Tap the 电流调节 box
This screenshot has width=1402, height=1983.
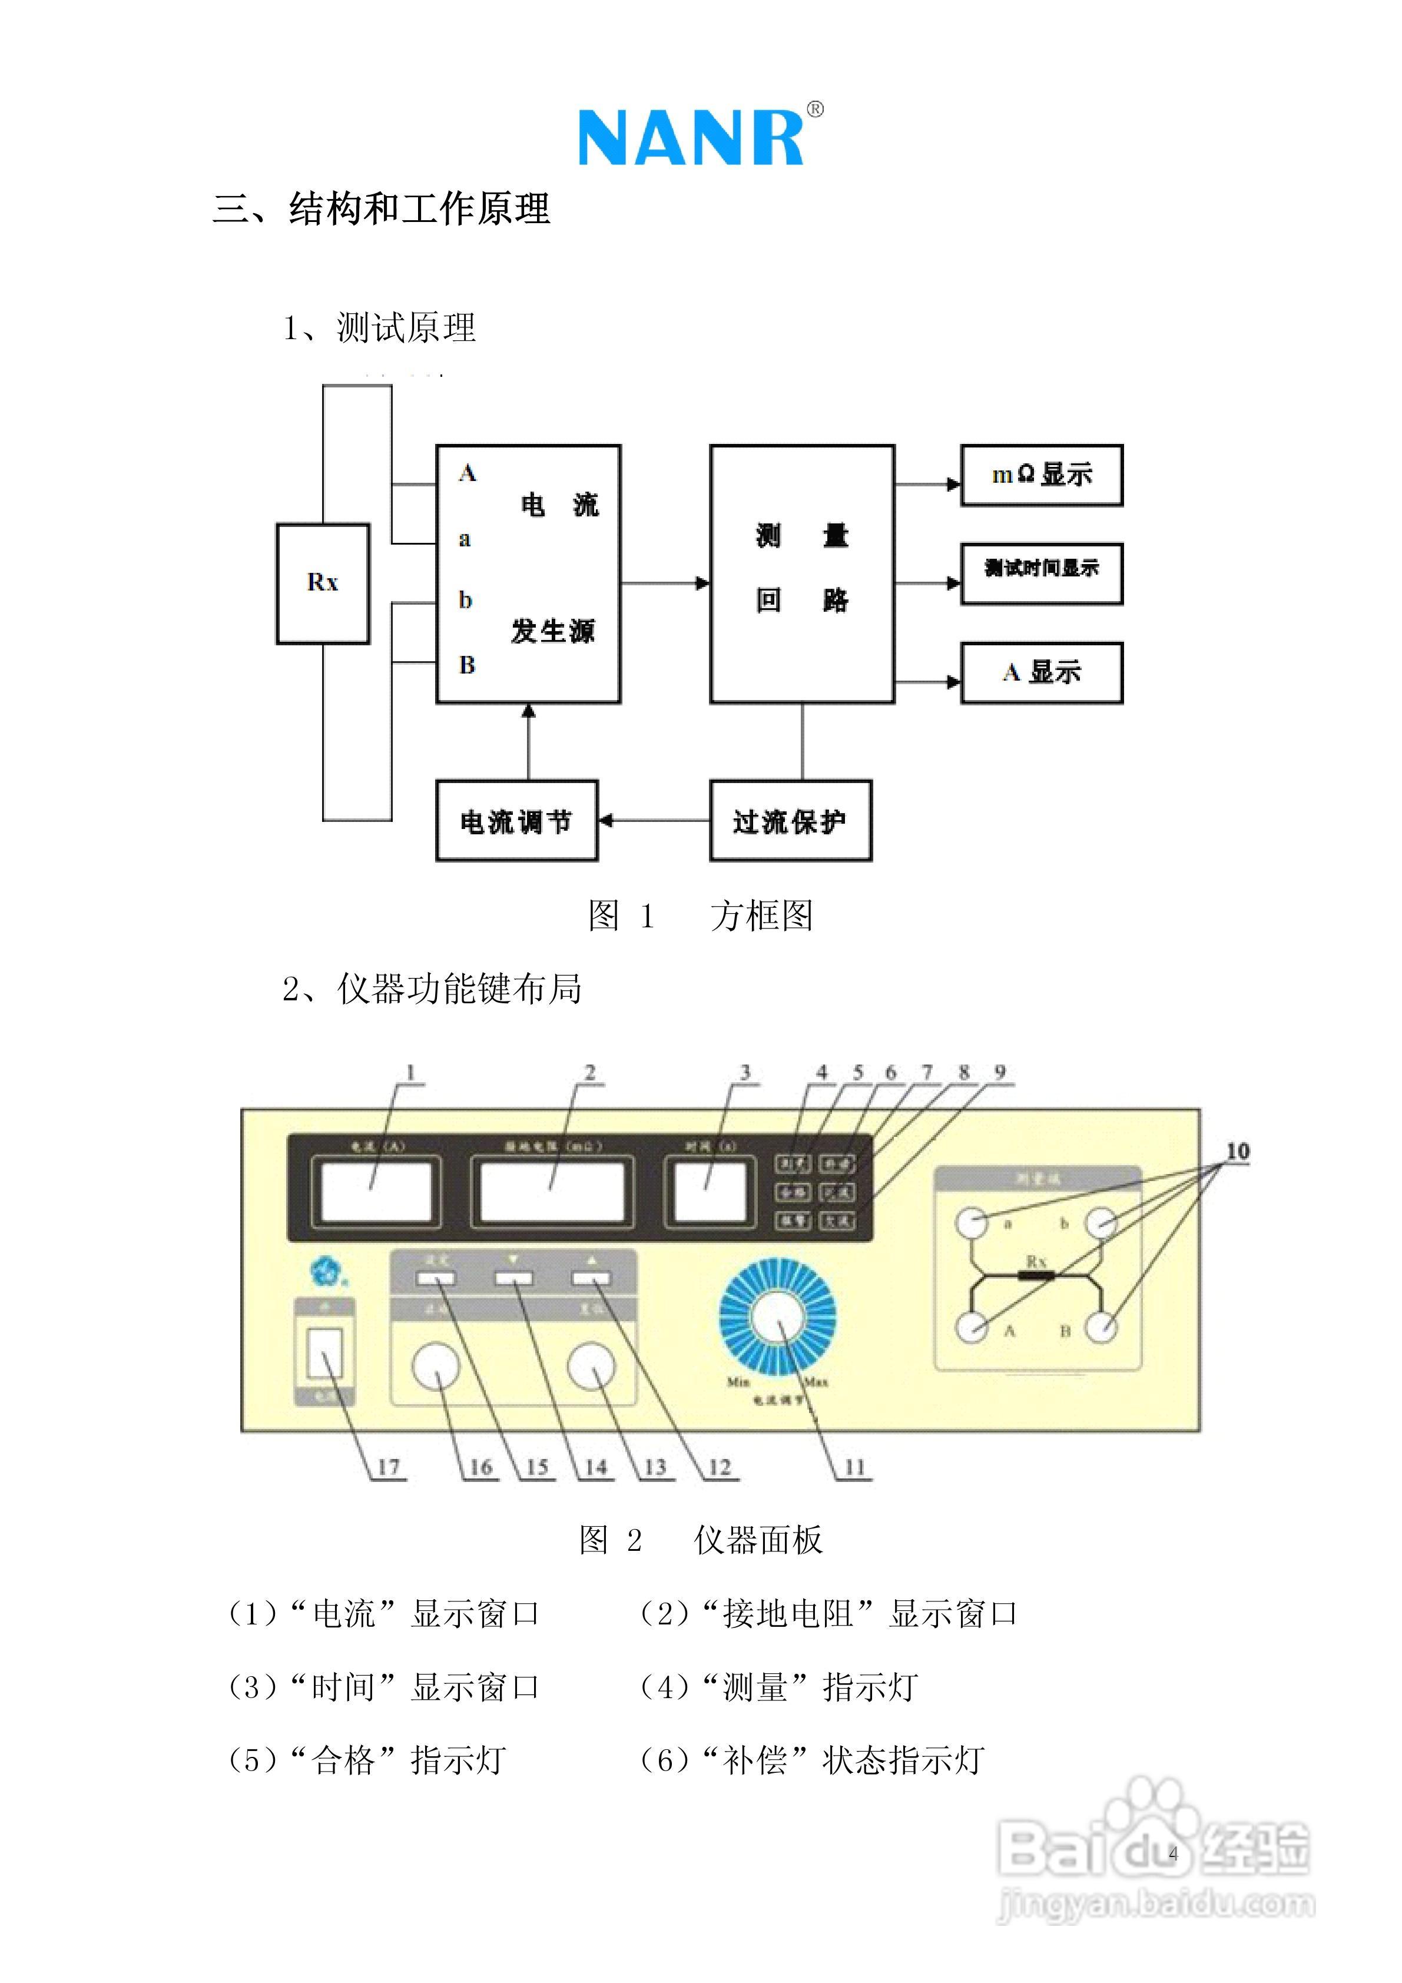tap(516, 821)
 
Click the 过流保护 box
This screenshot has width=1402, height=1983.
tap(790, 821)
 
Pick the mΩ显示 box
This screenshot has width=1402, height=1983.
tap(1041, 475)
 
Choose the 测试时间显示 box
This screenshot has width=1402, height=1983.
tap(1041, 573)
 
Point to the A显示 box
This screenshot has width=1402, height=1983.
tap(1041, 673)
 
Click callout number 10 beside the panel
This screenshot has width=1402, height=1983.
tap(1237, 1151)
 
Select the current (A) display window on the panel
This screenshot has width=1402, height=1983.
tap(375, 1192)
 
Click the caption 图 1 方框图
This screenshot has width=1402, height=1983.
tap(700, 916)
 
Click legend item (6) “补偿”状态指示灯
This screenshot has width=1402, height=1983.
tap(811, 1759)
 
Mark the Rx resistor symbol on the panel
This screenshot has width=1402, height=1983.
tap(1036, 1275)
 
